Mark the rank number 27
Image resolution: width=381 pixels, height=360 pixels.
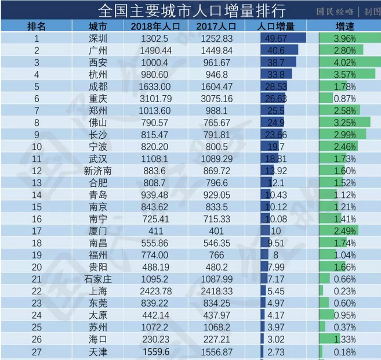coord(36,351)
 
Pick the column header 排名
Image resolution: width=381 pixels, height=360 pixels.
coord(36,27)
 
